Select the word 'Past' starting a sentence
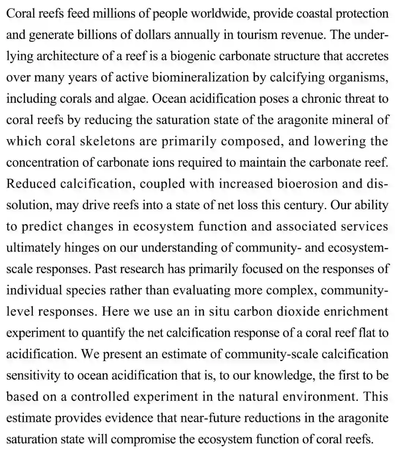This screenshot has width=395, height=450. pyautogui.click(x=106, y=269)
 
